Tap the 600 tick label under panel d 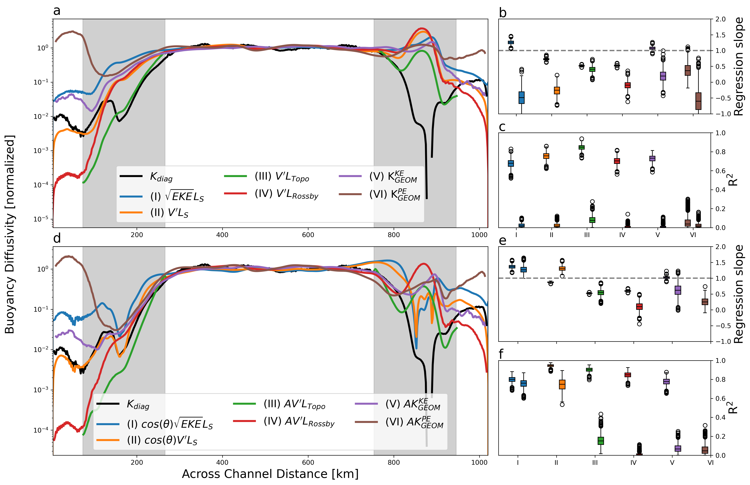pos(308,462)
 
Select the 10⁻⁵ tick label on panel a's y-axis pos(41,219)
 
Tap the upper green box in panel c pos(581,147)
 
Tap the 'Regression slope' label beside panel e pos(738,294)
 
